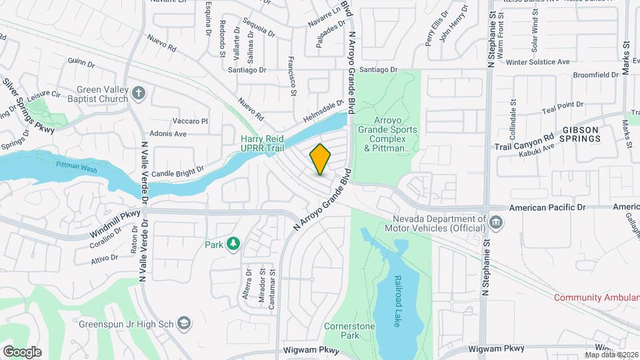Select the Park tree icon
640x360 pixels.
point(233,245)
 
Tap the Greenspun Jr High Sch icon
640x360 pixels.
point(184,323)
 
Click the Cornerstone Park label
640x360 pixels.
point(350,331)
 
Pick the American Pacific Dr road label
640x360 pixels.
point(547,208)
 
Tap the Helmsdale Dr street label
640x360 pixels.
point(322,109)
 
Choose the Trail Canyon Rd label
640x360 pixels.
point(525,141)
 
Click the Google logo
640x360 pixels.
point(22,352)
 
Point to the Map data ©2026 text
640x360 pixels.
point(611,355)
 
